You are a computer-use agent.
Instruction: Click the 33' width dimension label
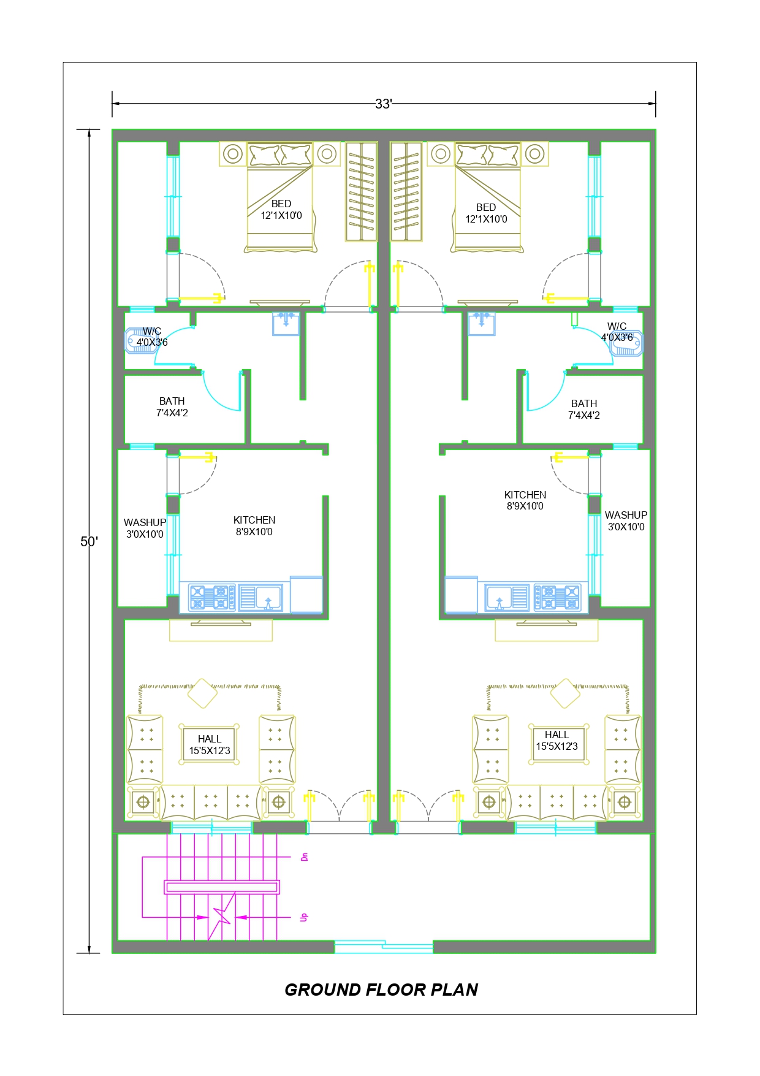click(x=384, y=104)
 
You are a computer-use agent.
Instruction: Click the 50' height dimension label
click(x=89, y=541)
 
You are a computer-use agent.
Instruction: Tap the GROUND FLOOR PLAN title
click(x=381, y=990)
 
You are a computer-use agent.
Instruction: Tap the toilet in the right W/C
click(x=626, y=343)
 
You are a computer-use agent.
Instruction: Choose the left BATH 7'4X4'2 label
click(x=172, y=407)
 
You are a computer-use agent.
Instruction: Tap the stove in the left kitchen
click(x=212, y=597)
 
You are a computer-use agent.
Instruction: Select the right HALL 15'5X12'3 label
click(x=557, y=741)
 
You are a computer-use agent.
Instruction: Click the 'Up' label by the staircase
click(x=304, y=917)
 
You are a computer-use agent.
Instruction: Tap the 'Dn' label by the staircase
click(x=304, y=857)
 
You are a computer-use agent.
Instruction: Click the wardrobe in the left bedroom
click(x=361, y=191)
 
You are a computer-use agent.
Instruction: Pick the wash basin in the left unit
click(x=286, y=323)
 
